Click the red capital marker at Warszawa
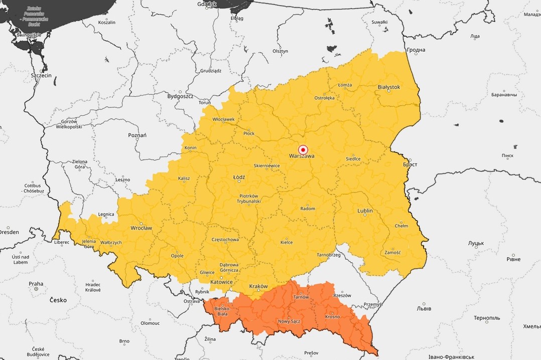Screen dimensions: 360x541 303,149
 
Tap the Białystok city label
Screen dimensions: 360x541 388,87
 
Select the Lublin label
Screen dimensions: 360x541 365,211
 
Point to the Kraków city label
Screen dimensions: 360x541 258,286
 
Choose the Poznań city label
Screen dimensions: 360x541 137,135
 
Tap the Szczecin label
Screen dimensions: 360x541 41,75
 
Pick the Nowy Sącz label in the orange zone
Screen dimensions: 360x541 289,321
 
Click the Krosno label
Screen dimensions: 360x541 332,316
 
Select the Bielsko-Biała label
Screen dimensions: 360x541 221,311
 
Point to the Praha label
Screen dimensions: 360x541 36,283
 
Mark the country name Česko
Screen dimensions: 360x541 58,300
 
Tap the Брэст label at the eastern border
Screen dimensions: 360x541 410,164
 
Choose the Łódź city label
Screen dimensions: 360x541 239,177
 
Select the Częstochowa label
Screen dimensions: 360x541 225,239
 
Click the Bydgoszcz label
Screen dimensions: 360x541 180,96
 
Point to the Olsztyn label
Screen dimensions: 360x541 280,51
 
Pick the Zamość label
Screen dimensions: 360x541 392,252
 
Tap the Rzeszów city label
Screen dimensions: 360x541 342,295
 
